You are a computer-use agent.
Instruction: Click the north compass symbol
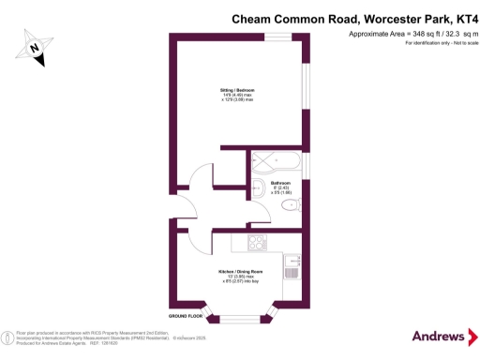tap(36, 48)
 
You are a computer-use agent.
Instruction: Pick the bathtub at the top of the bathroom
tap(276, 159)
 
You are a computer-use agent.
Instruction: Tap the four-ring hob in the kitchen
tap(257, 244)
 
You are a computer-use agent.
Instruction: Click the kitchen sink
tap(291, 271)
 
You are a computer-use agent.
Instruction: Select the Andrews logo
tap(439, 336)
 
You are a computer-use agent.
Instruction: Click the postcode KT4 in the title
tap(458, 17)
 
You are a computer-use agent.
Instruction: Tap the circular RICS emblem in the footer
tap(8, 336)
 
